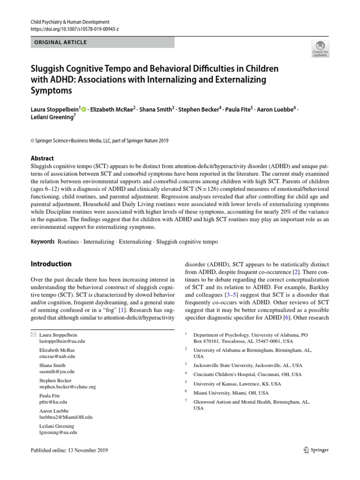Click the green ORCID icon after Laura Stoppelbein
(83, 109)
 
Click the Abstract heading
(42, 158)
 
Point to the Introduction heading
(51, 264)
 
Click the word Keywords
(42, 241)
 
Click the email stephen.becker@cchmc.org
(67, 387)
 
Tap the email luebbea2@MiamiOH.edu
(66, 417)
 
